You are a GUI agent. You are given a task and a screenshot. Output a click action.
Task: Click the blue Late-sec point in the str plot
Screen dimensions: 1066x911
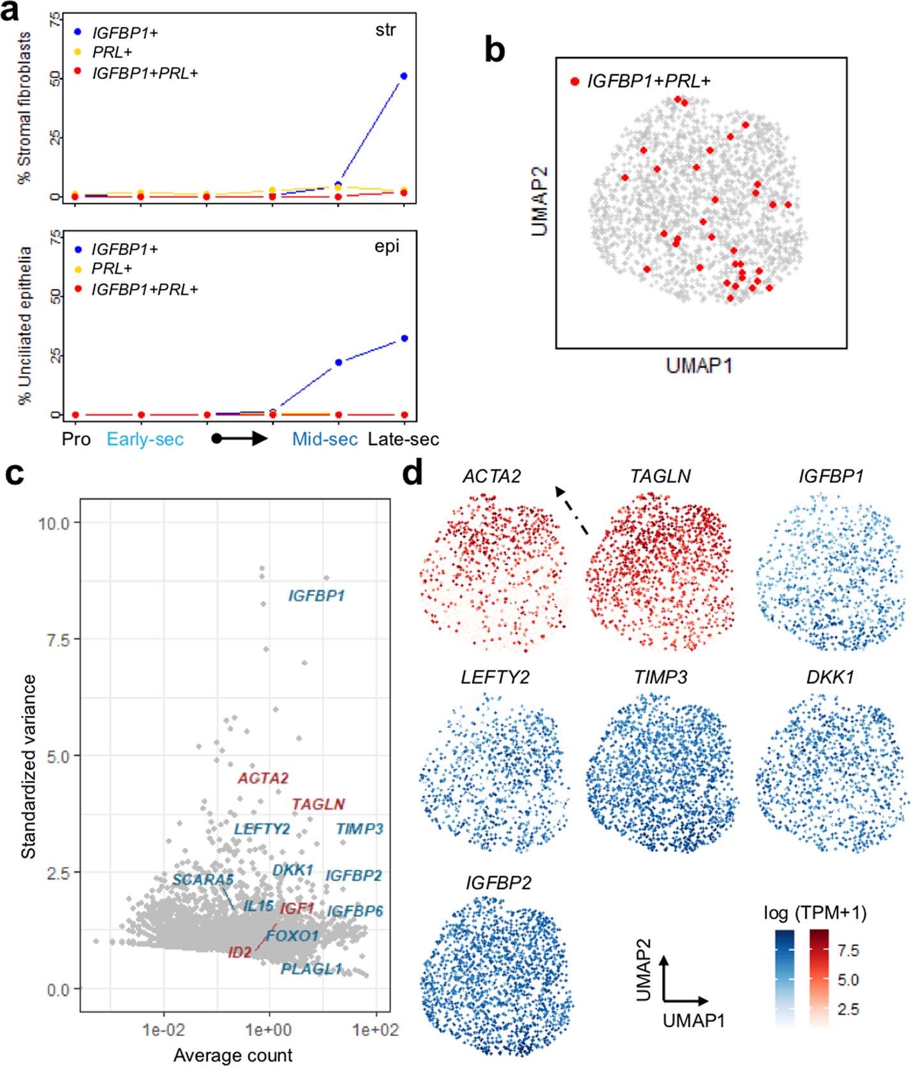point(403,77)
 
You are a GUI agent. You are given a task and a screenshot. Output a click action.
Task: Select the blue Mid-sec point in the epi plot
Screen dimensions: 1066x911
point(338,362)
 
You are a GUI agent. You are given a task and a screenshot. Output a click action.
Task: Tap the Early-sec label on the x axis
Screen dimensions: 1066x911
point(145,440)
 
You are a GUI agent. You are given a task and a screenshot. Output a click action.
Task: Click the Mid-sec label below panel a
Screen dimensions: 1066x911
point(325,440)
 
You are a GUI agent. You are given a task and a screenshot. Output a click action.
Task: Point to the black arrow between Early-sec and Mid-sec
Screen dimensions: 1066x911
point(241,439)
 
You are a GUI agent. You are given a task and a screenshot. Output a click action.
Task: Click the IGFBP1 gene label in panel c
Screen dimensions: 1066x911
point(316,596)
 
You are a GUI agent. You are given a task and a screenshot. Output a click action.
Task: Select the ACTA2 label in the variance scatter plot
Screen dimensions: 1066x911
point(263,778)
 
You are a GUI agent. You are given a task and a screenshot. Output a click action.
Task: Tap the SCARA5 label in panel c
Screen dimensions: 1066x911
point(203,880)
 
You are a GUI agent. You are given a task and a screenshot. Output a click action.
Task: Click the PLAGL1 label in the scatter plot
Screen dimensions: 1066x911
point(311,969)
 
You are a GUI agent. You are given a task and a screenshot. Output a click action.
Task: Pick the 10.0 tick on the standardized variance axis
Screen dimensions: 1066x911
point(54,523)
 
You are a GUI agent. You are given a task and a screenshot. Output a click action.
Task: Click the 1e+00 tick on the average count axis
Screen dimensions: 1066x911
point(269,1030)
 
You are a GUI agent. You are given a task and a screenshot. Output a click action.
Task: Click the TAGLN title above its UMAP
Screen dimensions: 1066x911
point(660,477)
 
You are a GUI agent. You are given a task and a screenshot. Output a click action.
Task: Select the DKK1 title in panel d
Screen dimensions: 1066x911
point(830,677)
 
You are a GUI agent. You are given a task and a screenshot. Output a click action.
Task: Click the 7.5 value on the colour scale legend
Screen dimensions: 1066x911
point(848,951)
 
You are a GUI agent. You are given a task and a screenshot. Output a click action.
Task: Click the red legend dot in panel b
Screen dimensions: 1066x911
point(575,82)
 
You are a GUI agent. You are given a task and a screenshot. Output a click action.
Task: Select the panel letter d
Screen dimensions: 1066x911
point(413,474)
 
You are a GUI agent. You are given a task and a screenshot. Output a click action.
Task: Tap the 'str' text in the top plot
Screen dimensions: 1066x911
point(385,30)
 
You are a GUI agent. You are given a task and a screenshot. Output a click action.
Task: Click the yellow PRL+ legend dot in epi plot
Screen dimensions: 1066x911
point(78,269)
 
